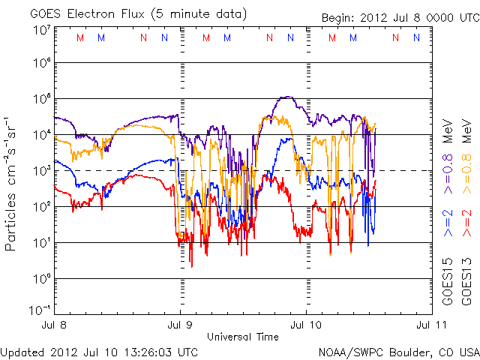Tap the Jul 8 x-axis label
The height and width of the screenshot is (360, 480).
[55, 325]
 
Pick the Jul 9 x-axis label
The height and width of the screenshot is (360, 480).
[180, 325]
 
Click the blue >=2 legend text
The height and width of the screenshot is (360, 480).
[447, 223]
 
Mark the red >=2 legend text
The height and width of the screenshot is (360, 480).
[466, 223]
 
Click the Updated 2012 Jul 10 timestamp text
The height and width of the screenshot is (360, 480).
[100, 351]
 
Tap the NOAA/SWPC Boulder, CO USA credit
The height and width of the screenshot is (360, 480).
[397, 351]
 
